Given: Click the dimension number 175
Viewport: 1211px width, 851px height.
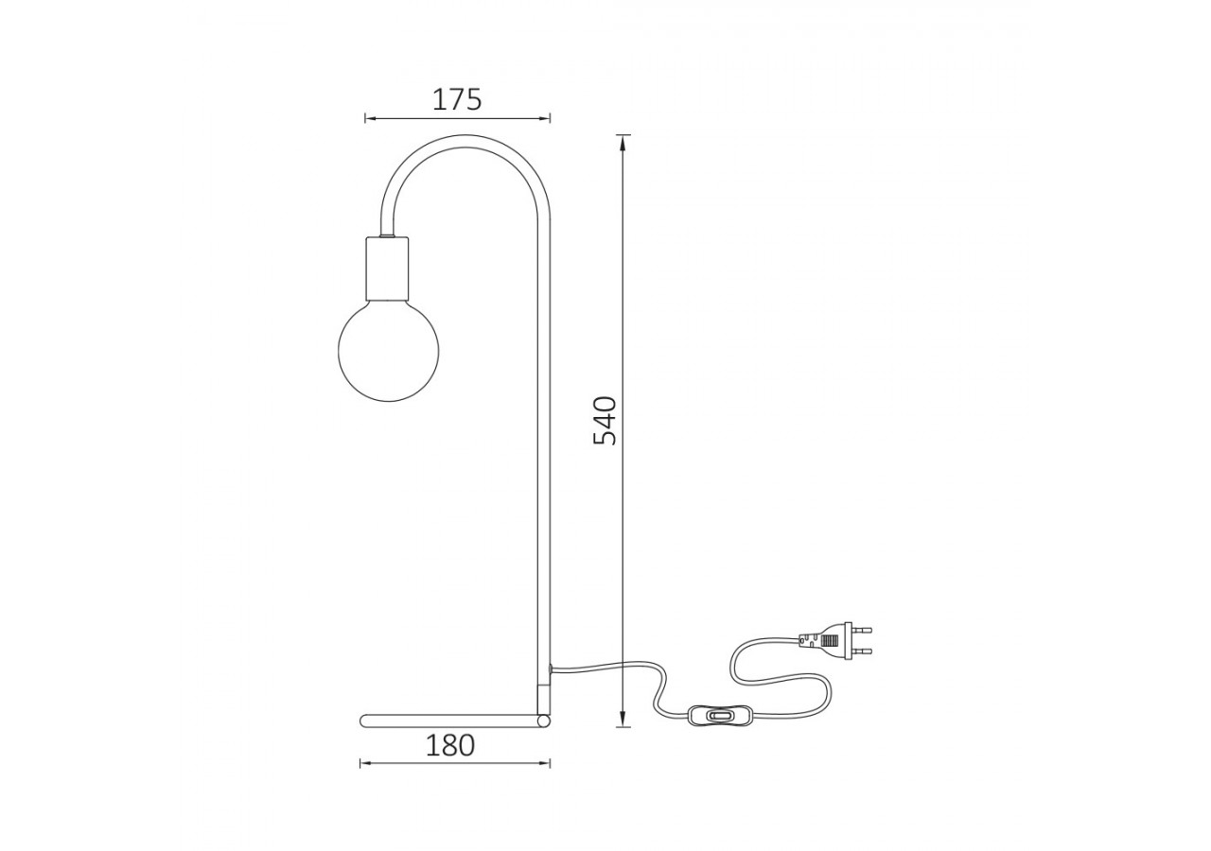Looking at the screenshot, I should (457, 99).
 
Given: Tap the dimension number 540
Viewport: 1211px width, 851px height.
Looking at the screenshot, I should (605, 421).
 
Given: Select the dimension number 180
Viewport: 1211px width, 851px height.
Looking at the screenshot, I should (449, 746).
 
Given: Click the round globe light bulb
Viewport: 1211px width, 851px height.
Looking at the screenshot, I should (388, 351).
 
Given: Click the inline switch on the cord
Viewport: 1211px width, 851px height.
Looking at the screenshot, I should (719, 716).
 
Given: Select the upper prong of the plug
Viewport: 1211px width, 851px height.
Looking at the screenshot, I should (861, 629).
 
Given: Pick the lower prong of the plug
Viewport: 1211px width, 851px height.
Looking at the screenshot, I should (861, 651).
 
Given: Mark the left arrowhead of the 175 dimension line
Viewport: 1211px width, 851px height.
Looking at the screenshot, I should (370, 118).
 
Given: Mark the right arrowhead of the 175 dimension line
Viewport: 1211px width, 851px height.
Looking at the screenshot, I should (545, 118).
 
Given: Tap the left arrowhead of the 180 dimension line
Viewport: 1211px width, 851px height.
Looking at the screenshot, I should (365, 763).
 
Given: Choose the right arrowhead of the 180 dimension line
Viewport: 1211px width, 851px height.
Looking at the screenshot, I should (545, 763).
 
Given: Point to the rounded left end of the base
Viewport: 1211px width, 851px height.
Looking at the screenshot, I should (364, 721).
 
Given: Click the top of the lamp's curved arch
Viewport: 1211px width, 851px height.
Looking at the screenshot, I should (464, 140).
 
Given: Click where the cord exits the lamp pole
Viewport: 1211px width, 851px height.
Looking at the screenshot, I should (552, 669).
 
